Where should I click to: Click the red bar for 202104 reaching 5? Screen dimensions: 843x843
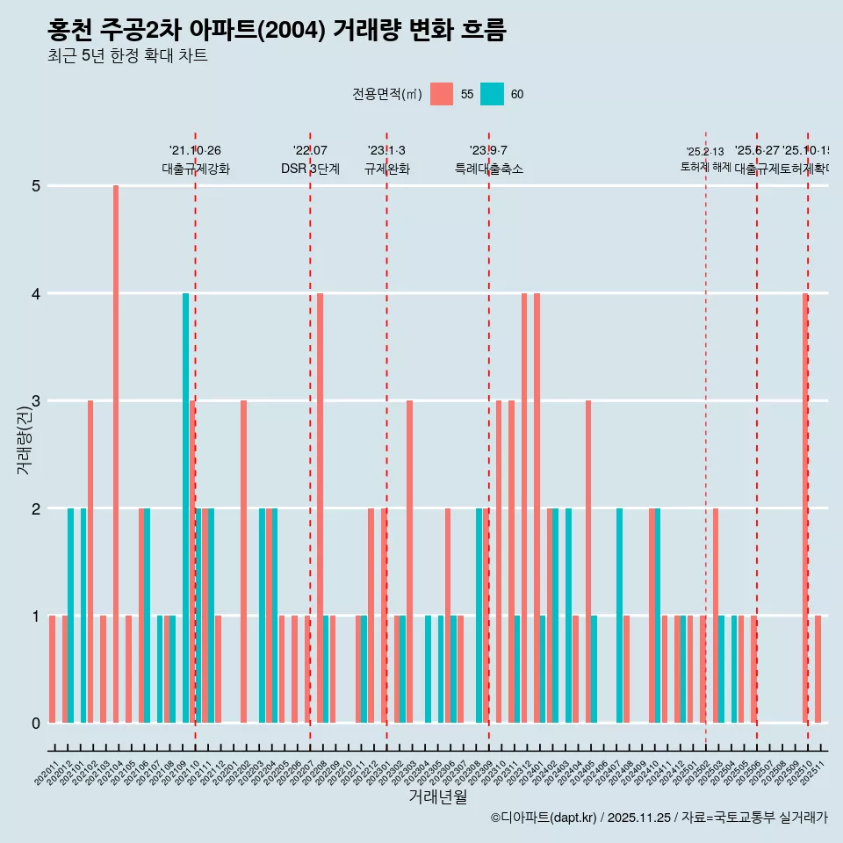[x=116, y=454]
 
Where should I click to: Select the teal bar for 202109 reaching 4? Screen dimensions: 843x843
[x=185, y=508]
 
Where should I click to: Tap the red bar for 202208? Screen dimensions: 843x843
[x=320, y=508]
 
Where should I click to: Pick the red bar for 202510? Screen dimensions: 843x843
[x=804, y=508]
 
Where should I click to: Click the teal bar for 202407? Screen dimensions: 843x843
[x=619, y=616]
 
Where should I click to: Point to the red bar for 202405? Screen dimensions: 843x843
[x=588, y=562]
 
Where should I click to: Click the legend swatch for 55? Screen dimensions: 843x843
[x=442, y=94]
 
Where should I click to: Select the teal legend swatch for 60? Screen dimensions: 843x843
[x=492, y=94]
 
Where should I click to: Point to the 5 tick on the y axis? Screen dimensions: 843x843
[x=36, y=186]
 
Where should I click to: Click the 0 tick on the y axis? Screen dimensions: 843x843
[x=36, y=724]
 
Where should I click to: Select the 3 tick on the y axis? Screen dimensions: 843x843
[x=36, y=401]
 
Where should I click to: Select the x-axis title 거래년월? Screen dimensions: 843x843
[x=437, y=796]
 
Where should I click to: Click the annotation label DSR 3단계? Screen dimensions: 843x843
[x=310, y=169]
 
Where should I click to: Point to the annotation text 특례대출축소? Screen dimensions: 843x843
[x=488, y=169]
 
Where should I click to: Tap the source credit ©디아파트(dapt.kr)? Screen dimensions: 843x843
[x=544, y=818]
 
